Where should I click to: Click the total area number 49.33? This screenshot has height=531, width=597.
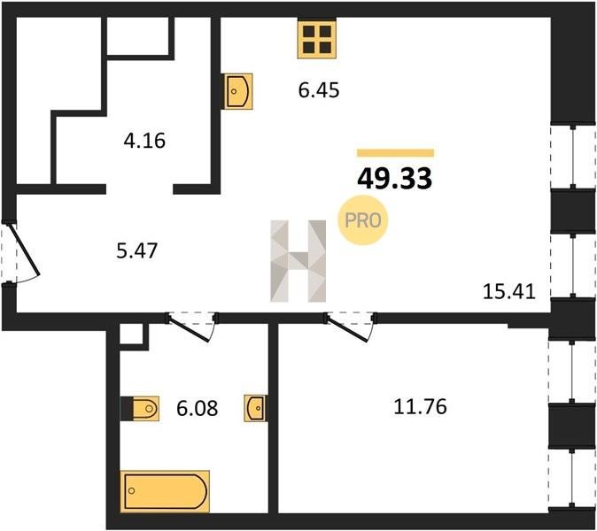coord(395,179)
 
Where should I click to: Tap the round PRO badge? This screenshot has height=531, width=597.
coord(363,220)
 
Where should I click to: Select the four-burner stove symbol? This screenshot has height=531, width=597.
coord(317,40)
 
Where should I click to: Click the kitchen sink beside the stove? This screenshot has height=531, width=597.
coord(238,91)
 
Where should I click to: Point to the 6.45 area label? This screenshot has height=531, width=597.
coord(319,90)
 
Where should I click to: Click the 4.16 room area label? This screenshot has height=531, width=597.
coord(144,141)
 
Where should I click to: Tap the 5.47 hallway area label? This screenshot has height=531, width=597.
coord(137,251)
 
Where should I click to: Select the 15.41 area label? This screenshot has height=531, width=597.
coord(509,292)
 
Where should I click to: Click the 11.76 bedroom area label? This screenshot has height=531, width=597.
coord(420,406)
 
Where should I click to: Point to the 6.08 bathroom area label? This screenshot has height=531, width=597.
coord(198,409)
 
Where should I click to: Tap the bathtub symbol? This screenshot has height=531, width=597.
coord(165,491)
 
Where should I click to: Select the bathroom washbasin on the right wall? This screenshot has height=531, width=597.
coord(255,408)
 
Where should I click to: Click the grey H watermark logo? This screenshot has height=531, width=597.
coord(298,261)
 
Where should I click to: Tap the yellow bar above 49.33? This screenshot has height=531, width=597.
coord(396,153)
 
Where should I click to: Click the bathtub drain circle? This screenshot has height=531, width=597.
coord(132,490)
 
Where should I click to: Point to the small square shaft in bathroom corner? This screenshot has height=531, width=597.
coord(131,334)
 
